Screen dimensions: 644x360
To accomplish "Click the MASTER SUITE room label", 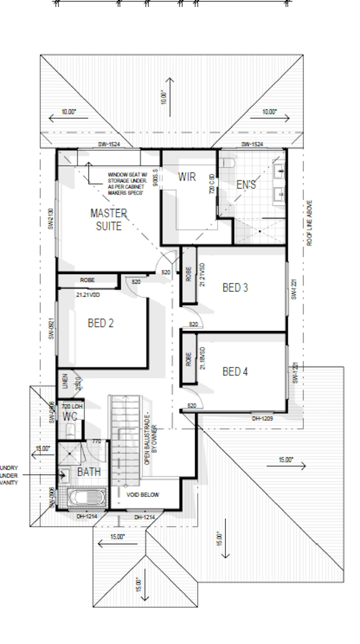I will click(x=109, y=220).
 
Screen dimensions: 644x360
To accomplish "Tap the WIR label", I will click(x=187, y=177).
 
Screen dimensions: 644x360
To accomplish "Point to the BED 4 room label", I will click(x=235, y=372).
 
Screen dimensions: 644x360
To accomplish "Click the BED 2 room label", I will click(x=101, y=323).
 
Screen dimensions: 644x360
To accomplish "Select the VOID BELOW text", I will click(x=143, y=495).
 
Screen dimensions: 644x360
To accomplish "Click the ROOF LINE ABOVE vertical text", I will click(x=309, y=223).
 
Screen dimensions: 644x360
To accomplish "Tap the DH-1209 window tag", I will click(x=262, y=419).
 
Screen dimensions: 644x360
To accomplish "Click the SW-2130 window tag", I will click(x=51, y=219).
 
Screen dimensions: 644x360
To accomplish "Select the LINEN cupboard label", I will click(x=65, y=381).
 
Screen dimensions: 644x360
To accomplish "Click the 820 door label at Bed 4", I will click(x=192, y=406).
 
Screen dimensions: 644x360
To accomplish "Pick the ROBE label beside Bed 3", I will click(x=188, y=274).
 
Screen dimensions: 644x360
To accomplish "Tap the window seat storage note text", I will click(x=127, y=184).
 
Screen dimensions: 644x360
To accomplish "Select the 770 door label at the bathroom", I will click(x=96, y=441).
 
